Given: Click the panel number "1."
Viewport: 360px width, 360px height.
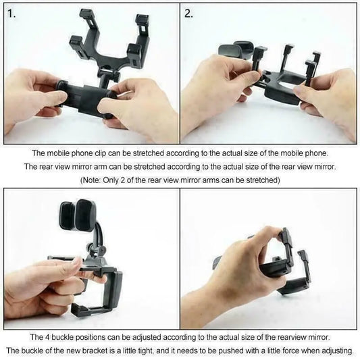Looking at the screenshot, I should pyautogui.click(x=12, y=14).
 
